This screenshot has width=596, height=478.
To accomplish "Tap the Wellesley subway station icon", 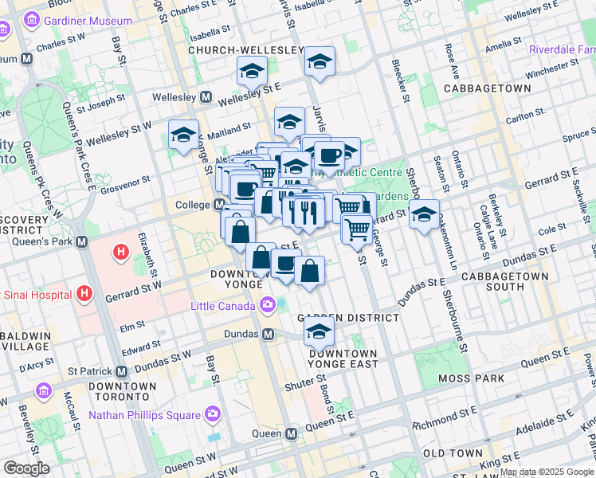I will click(206, 97).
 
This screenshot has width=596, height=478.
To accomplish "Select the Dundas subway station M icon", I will click(269, 334).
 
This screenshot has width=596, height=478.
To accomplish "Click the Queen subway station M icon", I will click(291, 434).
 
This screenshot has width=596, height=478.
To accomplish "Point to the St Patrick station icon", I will click(121, 371).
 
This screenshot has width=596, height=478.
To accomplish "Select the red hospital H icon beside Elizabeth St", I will click(121, 253).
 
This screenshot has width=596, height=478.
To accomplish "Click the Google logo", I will click(26, 468).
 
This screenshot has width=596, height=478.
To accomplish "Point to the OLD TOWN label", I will click(453, 453).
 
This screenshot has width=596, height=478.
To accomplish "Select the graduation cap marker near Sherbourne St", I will click(425, 214).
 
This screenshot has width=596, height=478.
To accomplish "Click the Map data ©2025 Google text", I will click(547, 472).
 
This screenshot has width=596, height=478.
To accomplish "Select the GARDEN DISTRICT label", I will click(348, 317).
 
